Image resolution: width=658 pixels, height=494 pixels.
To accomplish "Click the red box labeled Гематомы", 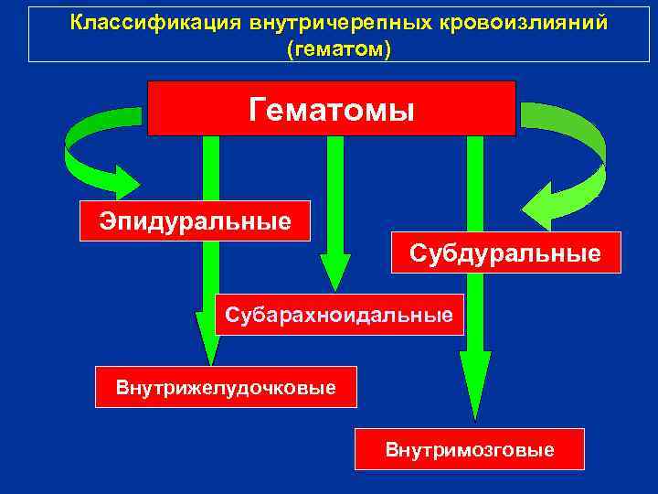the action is click(331, 108).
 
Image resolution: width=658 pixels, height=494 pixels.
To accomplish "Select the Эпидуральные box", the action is click(196, 220).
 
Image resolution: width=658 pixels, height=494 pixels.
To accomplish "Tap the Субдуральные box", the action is click(504, 252).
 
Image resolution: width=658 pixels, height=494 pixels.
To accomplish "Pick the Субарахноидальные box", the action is click(339, 316).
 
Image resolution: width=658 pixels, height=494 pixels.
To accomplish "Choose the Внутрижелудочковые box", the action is click(226, 387).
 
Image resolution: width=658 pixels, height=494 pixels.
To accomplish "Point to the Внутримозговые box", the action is click(469, 449).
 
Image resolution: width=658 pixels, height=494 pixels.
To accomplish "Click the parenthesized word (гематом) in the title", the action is click(338, 47).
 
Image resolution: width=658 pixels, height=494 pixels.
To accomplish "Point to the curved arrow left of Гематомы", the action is click(87, 146).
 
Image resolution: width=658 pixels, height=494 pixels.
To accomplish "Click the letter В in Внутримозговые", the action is click(392, 450).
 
